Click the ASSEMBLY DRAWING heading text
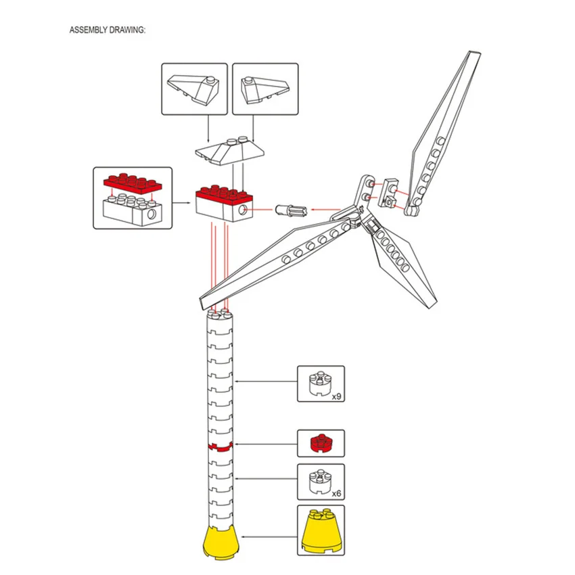(x=107, y=30)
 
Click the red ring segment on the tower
(x=221, y=446)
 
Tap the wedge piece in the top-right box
(x=263, y=87)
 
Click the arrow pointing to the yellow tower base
(x=271, y=537)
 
